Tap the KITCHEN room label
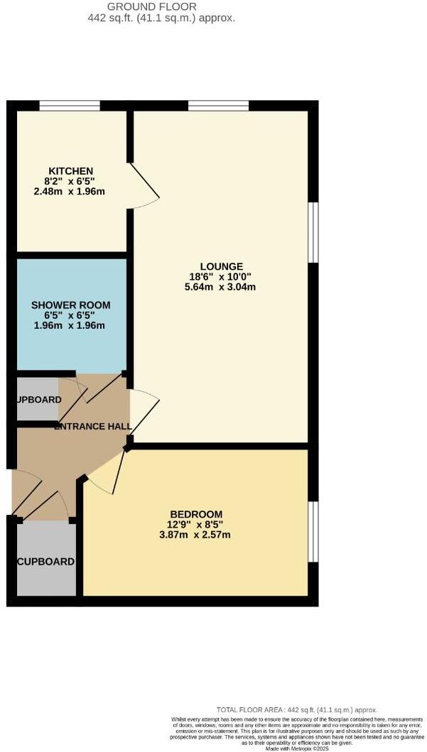(70, 171)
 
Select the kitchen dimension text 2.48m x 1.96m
(69, 191)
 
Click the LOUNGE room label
(221, 267)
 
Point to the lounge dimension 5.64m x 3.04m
(221, 287)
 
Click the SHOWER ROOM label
(70, 305)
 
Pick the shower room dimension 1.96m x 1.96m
(69, 325)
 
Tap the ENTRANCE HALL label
(93, 426)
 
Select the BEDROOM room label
(196, 514)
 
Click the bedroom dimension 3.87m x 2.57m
(195, 534)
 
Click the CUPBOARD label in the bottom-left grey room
(45, 561)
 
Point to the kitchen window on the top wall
(69, 105)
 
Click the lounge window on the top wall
(218, 105)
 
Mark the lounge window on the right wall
(313, 232)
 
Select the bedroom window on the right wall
(313, 533)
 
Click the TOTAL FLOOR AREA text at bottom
(297, 709)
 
